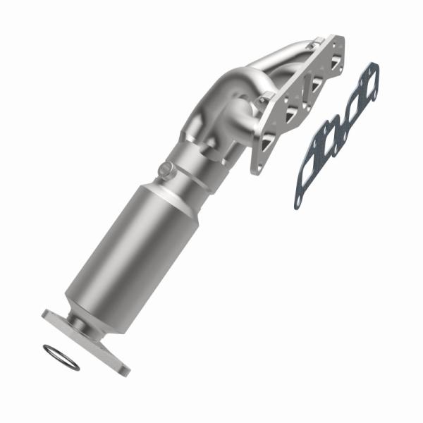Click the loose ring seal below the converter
point(61,357)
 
